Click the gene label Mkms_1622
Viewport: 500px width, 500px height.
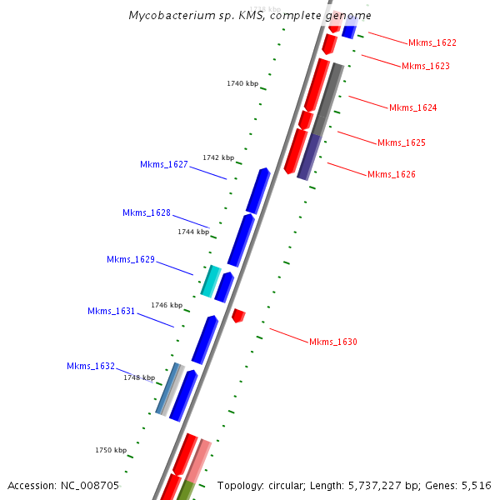click(432, 42)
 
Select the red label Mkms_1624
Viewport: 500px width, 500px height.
click(412, 107)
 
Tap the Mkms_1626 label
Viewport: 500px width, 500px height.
click(391, 174)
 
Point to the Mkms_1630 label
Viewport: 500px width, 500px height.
click(332, 342)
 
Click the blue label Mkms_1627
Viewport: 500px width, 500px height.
click(163, 164)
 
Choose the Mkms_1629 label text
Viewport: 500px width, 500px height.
click(130, 259)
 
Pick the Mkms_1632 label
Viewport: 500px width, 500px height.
click(90, 366)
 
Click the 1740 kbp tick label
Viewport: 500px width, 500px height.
click(242, 83)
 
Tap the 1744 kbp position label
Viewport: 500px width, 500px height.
click(193, 232)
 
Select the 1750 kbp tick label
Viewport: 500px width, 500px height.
click(111, 450)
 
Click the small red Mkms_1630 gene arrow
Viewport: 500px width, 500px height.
click(238, 316)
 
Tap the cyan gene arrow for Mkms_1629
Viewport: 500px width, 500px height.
click(210, 281)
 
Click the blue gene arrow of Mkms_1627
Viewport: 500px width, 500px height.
click(257, 190)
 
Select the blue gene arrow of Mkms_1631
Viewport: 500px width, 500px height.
click(204, 340)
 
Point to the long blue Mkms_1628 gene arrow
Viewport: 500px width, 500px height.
click(240, 240)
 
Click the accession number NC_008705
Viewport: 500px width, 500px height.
click(89, 485)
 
